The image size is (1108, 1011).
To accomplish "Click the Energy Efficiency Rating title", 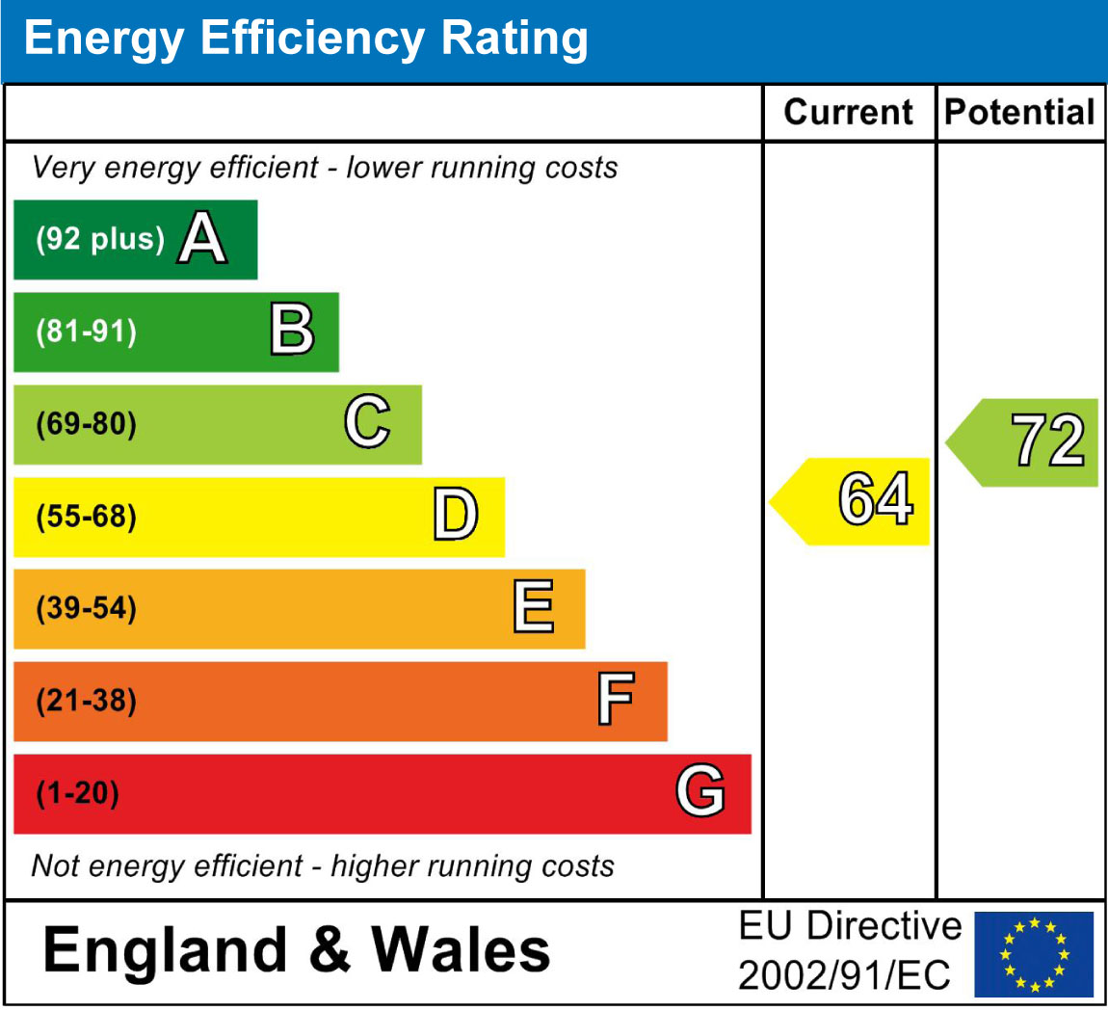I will [x=305, y=40].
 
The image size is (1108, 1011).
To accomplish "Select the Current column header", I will [x=848, y=113].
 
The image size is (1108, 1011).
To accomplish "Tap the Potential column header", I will [x=1019, y=113].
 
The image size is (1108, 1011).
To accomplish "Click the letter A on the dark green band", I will [x=202, y=239].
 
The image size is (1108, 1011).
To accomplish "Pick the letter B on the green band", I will [x=291, y=331].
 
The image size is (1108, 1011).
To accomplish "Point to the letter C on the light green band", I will [x=367, y=423].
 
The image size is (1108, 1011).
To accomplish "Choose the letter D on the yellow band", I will [x=455, y=515].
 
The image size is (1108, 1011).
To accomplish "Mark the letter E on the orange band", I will [x=533, y=607].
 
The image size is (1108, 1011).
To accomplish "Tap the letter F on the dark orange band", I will [x=615, y=700].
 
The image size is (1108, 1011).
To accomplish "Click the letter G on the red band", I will [x=699, y=792].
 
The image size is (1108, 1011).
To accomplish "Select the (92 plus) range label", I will [x=100, y=239].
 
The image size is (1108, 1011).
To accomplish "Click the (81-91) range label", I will [x=87, y=332].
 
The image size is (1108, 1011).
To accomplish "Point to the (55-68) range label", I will [x=87, y=517].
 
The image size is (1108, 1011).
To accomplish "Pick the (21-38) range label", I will [x=87, y=701].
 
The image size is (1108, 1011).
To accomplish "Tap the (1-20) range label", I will [x=77, y=793].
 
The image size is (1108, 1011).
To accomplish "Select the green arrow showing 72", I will [x=1026, y=442].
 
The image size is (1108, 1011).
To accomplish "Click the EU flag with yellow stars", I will [x=1034, y=954].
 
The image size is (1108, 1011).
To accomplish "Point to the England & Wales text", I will [x=297, y=949].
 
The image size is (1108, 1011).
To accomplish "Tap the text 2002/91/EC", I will [x=844, y=975].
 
